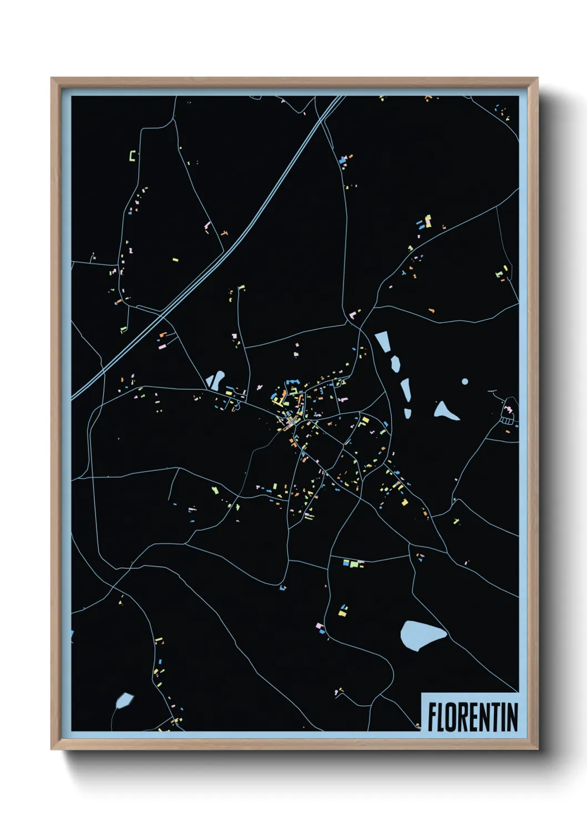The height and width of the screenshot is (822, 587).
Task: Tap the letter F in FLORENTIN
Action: (432, 716)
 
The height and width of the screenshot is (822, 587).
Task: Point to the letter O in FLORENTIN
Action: (452, 716)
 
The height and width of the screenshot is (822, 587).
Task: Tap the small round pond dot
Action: (465, 381)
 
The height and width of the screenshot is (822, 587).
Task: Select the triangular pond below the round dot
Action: (445, 412)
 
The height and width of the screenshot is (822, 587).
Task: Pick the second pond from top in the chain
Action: (395, 364)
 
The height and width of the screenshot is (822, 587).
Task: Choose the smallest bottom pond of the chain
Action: (408, 413)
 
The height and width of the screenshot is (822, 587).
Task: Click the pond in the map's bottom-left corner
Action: (124, 700)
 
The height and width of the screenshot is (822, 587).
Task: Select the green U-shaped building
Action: (133, 156)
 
